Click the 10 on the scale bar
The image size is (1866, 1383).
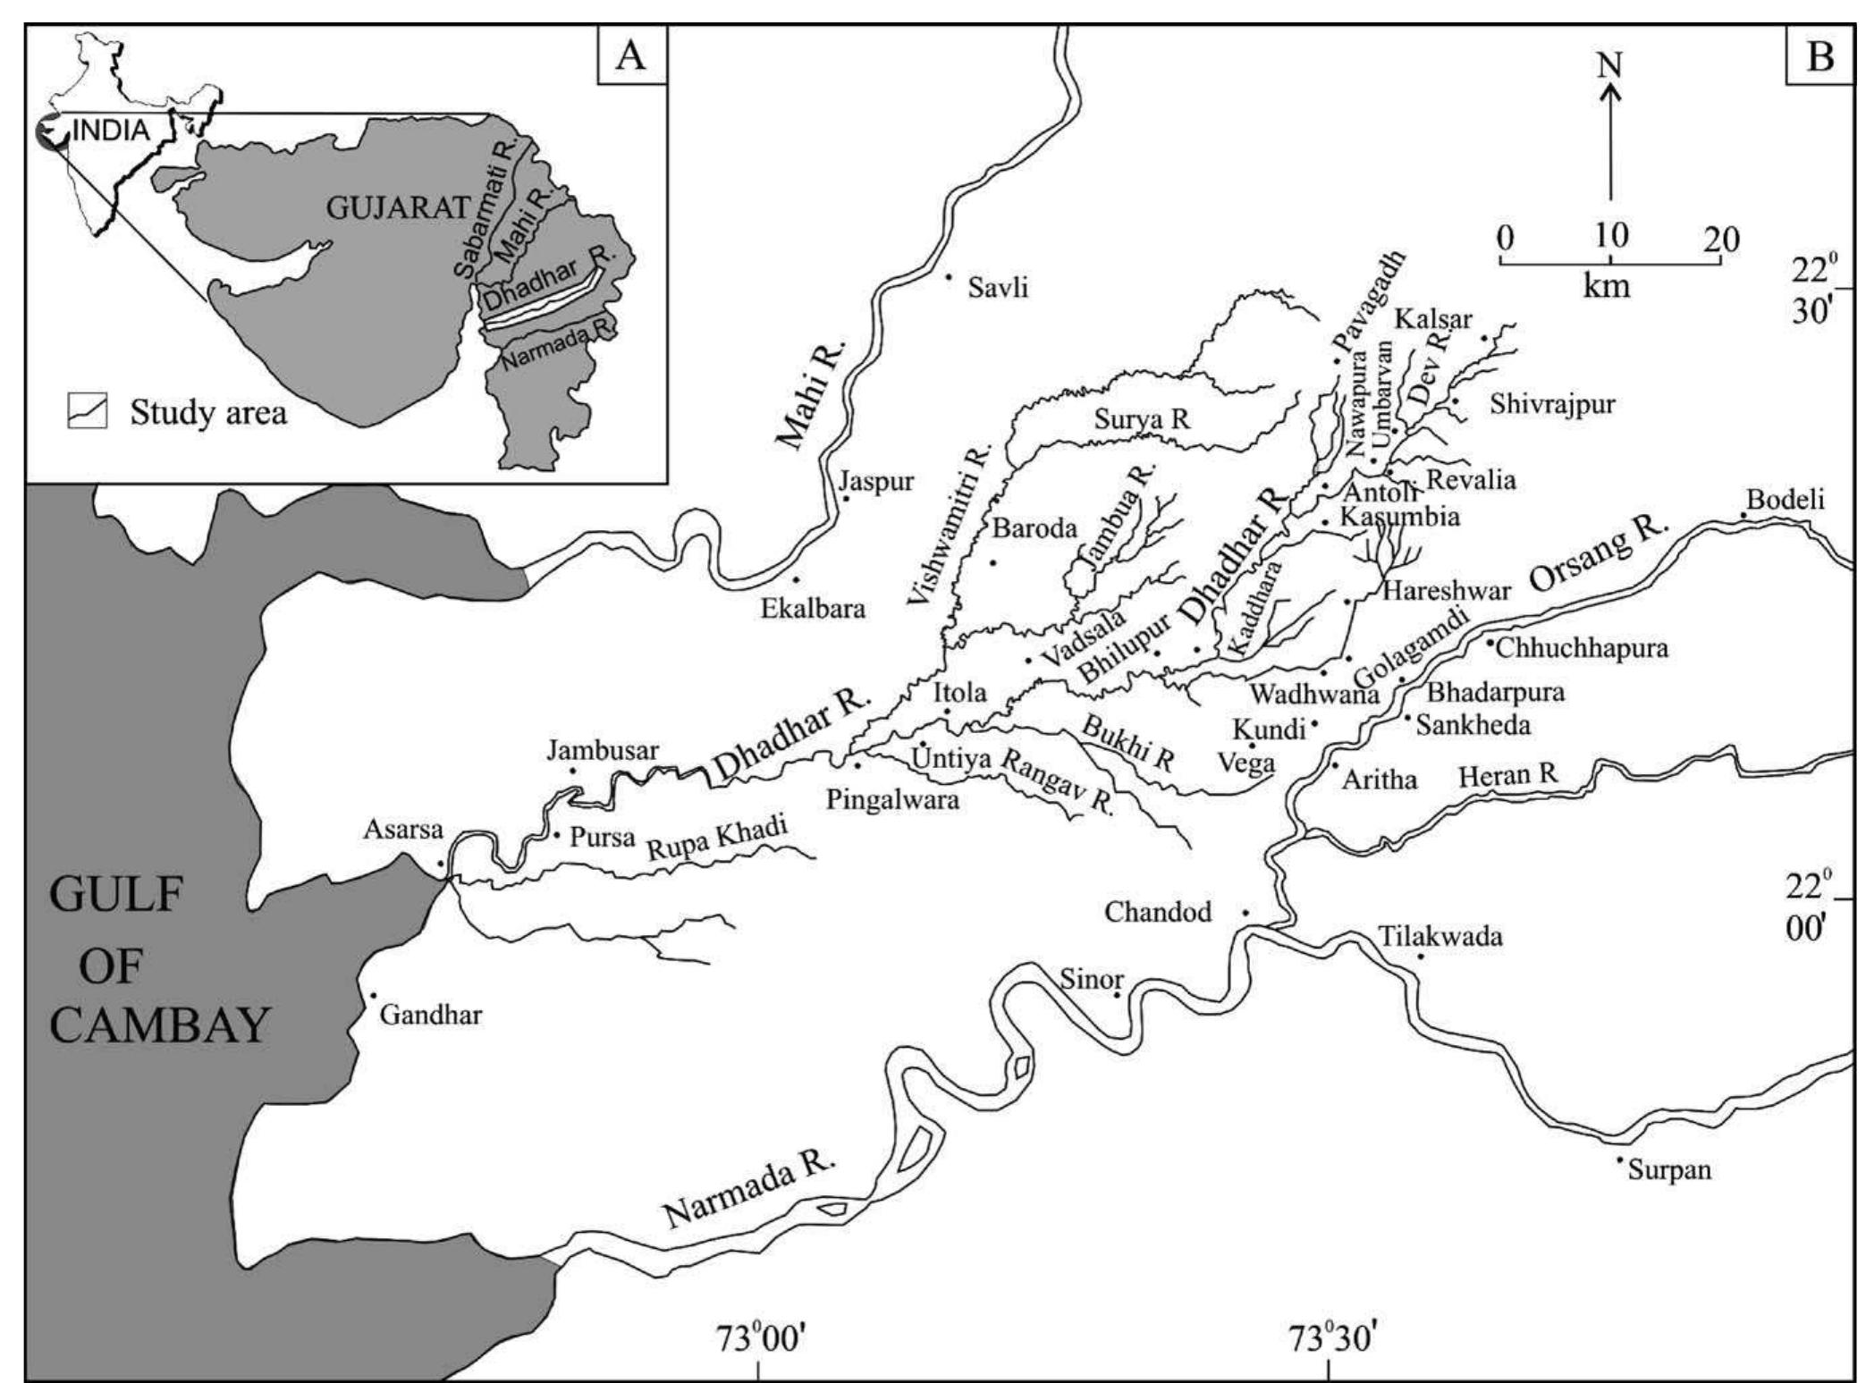click(x=1610, y=236)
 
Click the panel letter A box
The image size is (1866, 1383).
click(x=631, y=55)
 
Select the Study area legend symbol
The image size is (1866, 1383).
click(x=88, y=412)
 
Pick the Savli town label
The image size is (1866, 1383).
click(x=998, y=288)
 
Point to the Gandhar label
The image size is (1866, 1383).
click(x=431, y=1015)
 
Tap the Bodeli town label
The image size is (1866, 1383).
click(x=1785, y=500)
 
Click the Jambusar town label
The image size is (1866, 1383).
click(x=602, y=750)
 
